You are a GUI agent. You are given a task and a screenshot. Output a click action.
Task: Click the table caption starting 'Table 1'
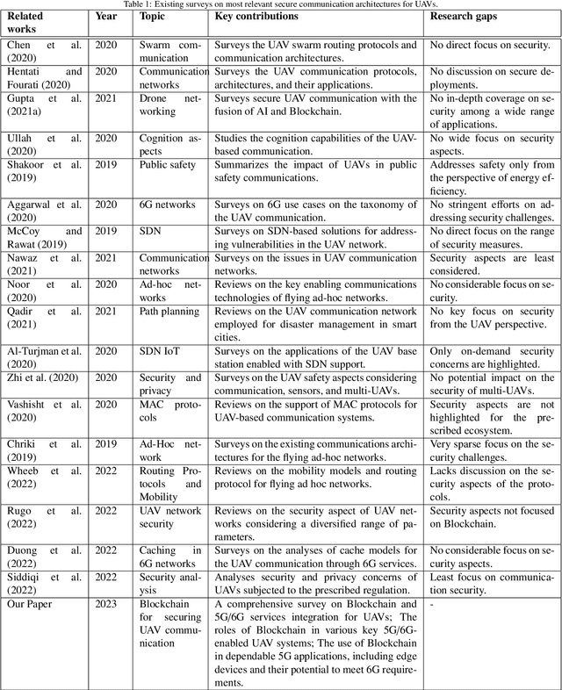tap(281, 4)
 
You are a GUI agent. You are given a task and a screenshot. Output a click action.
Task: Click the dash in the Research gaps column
tap(432, 604)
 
